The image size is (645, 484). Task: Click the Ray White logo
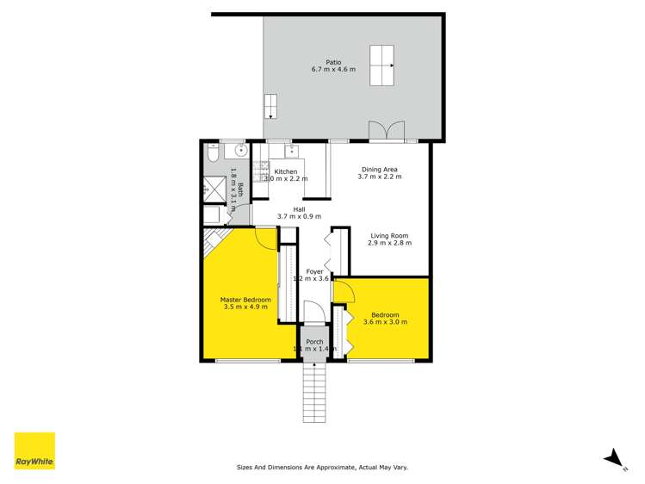[x=34, y=451]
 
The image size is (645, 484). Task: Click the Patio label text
[x=333, y=62]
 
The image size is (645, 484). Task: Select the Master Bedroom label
[x=246, y=300]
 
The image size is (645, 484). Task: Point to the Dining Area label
[x=380, y=170]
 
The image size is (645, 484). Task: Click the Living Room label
[x=389, y=235]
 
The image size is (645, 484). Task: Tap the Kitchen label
[x=286, y=171]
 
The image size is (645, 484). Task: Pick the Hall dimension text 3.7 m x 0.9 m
[x=299, y=217]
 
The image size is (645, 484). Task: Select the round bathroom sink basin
[x=241, y=151]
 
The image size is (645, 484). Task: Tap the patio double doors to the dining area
[x=385, y=131]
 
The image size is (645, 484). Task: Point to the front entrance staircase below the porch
[x=314, y=392]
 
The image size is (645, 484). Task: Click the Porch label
[x=314, y=342]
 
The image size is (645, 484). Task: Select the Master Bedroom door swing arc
[x=266, y=237]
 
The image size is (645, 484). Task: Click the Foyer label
[x=314, y=271]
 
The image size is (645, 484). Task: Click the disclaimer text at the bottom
[x=322, y=467]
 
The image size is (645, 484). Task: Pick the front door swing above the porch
[x=312, y=312]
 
